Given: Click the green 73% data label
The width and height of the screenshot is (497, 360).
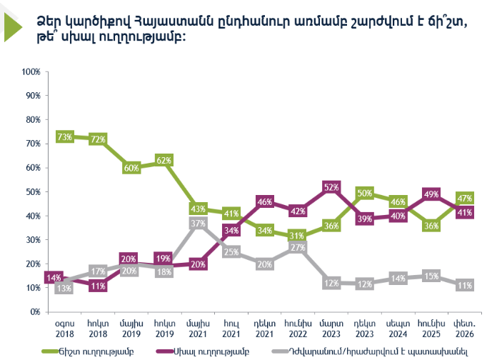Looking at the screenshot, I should (64, 136).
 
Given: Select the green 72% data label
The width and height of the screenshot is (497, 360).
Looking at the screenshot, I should (98, 139).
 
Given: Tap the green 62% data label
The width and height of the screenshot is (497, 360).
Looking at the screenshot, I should (164, 161).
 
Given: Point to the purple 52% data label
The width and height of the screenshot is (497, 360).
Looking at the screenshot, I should (331, 188).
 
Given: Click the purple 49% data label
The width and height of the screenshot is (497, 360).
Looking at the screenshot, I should (431, 194).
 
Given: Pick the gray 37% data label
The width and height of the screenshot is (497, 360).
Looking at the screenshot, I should (198, 224).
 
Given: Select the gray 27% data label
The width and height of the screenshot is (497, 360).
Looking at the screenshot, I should (298, 248).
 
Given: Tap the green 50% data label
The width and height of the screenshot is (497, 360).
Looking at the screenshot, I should (364, 193).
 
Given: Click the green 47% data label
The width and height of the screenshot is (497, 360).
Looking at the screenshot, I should (465, 199).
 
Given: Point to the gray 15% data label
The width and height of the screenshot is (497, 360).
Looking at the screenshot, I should (431, 276).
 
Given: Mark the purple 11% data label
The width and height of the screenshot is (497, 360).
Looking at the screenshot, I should (98, 286).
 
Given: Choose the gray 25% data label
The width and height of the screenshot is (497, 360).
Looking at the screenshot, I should (231, 251).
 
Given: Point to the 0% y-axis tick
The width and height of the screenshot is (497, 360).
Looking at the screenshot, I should (34, 312).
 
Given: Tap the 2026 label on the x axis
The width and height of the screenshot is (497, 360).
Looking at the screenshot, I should (465, 334).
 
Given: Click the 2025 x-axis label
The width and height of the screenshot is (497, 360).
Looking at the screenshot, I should (431, 334).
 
